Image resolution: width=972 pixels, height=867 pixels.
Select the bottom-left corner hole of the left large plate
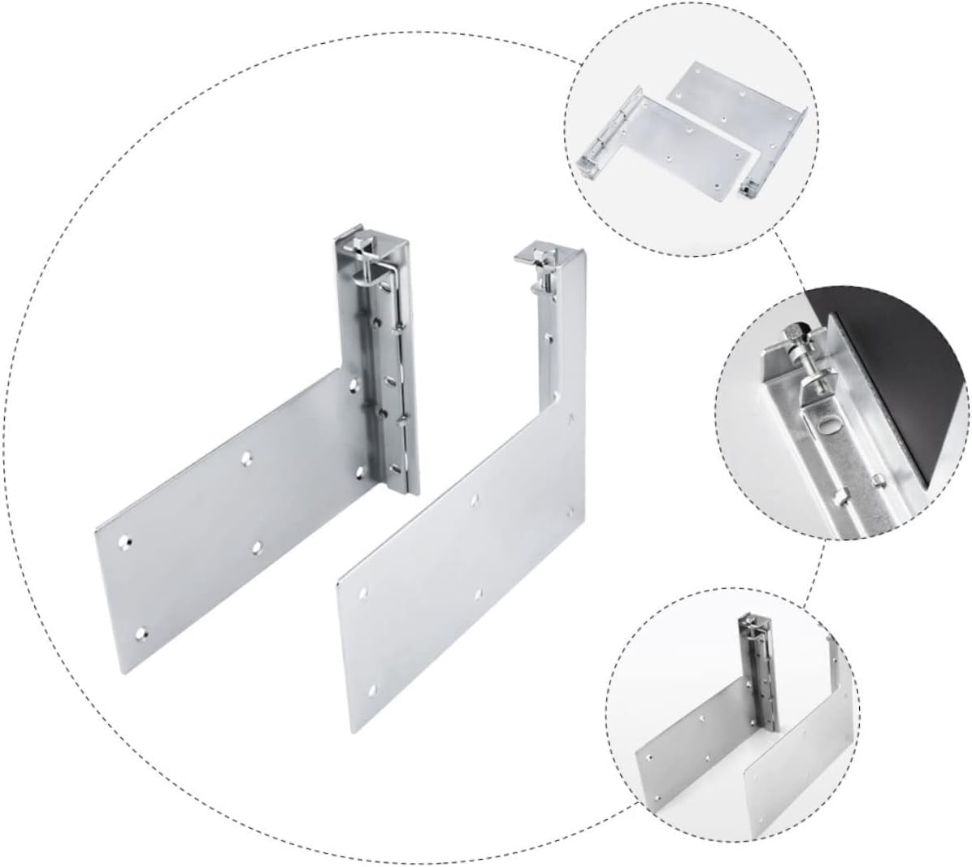(x=143, y=631)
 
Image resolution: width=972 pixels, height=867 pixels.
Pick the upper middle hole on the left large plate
(x=245, y=460)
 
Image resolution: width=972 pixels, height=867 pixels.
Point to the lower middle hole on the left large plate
(x=258, y=546)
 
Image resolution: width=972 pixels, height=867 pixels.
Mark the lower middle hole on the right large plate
(x=479, y=595)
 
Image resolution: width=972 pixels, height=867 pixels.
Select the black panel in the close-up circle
(x=894, y=382)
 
